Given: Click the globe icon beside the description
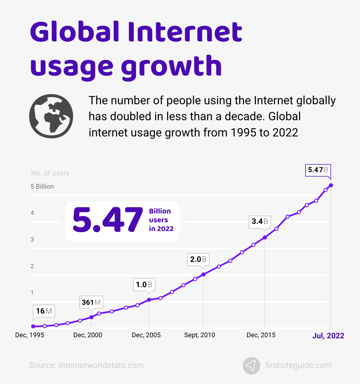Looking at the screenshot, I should (x=51, y=116).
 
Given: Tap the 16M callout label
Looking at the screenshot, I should (x=44, y=311).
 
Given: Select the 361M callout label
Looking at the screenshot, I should (x=91, y=302).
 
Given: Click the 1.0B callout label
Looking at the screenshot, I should (x=144, y=284).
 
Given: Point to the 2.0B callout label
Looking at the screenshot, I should (x=198, y=259).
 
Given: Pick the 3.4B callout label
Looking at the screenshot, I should (x=260, y=221).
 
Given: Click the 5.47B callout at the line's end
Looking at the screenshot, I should (x=318, y=170).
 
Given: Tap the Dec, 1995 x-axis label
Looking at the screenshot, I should (x=30, y=335).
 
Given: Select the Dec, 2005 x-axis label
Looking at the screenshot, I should (x=146, y=335).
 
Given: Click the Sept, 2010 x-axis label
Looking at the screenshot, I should (x=200, y=335).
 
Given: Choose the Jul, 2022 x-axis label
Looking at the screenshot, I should (x=328, y=336).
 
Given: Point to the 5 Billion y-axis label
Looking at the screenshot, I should (x=42, y=186).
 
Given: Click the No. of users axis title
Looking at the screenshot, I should (x=50, y=173).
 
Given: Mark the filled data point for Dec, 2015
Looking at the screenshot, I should (x=265, y=237).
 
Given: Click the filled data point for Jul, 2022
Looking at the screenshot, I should (x=331, y=185).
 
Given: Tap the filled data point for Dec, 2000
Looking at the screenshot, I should (x=92, y=317).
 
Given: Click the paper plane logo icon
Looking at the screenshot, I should (x=251, y=366).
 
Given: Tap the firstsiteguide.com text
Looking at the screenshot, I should (x=298, y=365).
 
